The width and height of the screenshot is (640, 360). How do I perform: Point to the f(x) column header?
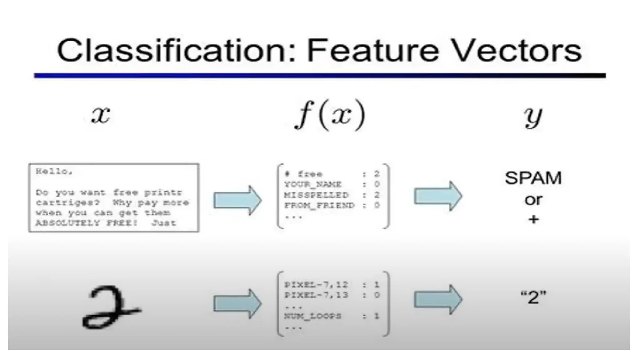(330, 115)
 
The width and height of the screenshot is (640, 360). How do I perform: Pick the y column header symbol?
(533, 116)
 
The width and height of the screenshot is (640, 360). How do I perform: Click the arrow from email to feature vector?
(237, 200)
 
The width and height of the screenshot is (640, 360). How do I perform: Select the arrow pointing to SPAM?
(438, 196)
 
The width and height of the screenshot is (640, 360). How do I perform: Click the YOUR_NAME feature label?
(313, 184)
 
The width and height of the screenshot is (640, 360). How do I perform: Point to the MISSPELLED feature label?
(316, 195)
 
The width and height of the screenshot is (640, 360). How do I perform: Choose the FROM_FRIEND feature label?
(319, 205)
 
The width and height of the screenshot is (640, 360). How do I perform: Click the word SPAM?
(533, 178)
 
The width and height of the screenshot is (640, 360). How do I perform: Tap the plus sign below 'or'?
(533, 219)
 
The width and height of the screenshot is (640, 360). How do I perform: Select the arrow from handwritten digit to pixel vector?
(237, 304)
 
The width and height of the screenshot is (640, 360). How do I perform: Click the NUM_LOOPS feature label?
(312, 316)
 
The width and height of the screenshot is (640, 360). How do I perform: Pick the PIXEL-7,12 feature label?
(316, 285)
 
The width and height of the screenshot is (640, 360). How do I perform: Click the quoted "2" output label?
(533, 297)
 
